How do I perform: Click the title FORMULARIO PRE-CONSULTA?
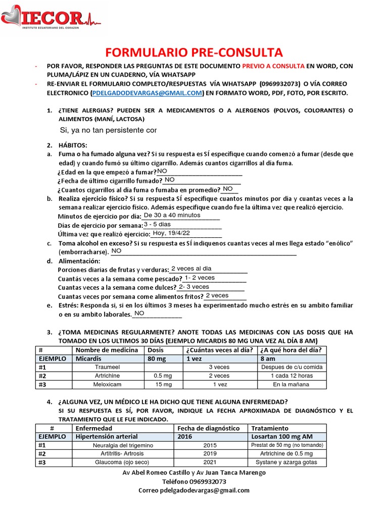[194, 53]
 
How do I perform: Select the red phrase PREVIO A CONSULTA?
[273, 66]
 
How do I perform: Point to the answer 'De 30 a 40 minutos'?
[172, 215]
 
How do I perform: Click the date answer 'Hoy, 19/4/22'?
[171, 233]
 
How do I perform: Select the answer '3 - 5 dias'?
[158, 224]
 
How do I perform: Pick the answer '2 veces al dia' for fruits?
[191, 269]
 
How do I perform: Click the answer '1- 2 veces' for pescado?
[200, 278]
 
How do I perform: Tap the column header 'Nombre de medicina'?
[107, 350]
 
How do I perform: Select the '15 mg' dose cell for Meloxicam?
[163, 385]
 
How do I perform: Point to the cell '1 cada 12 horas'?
[292, 376]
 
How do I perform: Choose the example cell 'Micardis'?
[88, 358]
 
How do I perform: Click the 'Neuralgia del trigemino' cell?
[123, 446]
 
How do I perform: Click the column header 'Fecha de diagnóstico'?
[209, 428]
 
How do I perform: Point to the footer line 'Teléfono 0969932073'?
[194, 482]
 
